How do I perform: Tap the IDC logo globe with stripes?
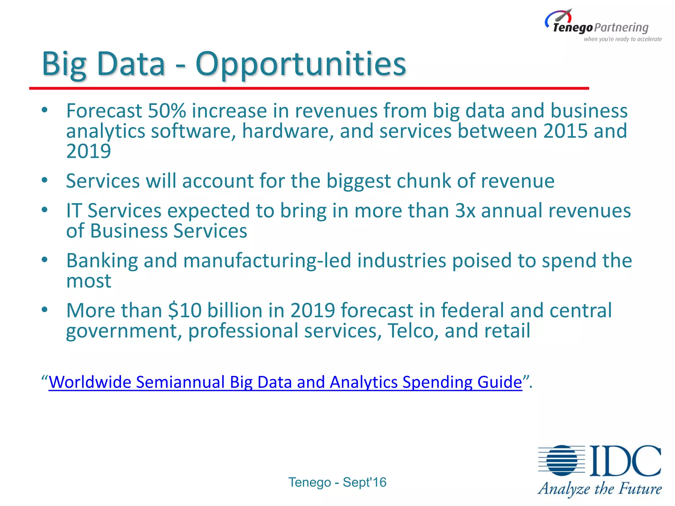tap(562, 461)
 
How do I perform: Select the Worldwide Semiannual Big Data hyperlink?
tap(285, 382)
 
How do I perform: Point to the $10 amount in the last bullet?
tap(185, 310)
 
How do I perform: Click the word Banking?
tap(102, 261)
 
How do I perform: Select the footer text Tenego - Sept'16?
tap(337, 482)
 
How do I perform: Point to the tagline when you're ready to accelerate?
tap(623, 39)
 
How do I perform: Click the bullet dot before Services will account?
tap(45, 181)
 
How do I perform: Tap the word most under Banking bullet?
tap(88, 281)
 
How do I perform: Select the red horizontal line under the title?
tap(309, 88)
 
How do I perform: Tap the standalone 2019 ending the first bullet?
tap(88, 152)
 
